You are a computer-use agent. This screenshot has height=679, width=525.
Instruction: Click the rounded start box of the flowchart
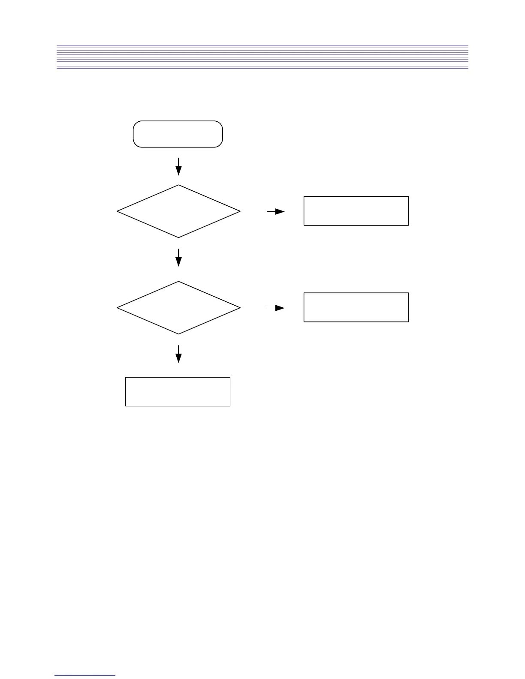[x=178, y=134]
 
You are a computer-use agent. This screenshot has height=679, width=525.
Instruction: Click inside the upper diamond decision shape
[x=178, y=211]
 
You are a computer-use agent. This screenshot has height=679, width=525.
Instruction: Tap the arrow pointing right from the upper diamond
[x=275, y=211]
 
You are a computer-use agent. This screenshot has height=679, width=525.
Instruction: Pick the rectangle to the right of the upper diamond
[x=356, y=211]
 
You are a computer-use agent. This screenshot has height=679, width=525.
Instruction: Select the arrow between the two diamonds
[x=178, y=258]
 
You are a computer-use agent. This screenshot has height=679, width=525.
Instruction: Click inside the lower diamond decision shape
[x=178, y=308]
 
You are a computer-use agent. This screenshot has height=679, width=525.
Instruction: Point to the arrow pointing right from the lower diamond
[x=275, y=308]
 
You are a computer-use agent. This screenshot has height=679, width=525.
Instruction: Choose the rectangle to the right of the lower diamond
[x=356, y=307]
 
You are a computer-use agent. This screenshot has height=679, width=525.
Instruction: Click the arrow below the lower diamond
[x=178, y=354]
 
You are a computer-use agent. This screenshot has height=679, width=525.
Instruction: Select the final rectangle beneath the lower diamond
[x=178, y=391]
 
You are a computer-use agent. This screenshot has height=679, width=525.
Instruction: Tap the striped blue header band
[x=262, y=57]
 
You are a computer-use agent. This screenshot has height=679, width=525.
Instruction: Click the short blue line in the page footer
[x=85, y=676]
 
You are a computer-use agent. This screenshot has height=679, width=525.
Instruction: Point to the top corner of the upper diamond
[x=178, y=185]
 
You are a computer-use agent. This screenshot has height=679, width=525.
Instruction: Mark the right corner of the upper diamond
[x=240, y=211]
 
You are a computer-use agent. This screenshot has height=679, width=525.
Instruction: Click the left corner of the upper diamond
[x=117, y=211]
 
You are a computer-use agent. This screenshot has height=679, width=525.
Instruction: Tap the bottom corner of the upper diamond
[x=178, y=237]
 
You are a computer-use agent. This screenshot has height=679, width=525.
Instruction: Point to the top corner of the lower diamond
[x=178, y=282]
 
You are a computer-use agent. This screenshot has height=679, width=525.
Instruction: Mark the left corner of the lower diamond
[x=117, y=308]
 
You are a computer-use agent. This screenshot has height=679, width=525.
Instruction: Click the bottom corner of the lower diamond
[x=178, y=334]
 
